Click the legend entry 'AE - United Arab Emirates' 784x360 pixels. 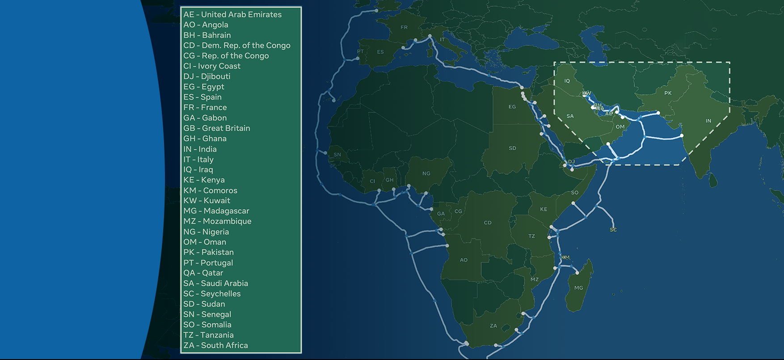point(232,14)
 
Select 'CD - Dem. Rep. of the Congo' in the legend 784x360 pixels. point(237,45)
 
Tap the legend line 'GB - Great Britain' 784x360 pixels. point(217,128)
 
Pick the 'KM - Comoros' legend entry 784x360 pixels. point(210,190)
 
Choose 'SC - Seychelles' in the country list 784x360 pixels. point(212,293)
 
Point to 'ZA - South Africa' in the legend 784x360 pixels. point(215,345)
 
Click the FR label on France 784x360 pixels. point(404,27)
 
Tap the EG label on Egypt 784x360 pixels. point(512,107)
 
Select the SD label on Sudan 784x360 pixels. point(512,148)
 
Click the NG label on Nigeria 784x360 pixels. point(426,174)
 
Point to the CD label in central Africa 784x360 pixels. point(488,222)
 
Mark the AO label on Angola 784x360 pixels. point(464,260)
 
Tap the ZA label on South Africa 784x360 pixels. point(493,326)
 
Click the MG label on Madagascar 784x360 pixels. point(579,288)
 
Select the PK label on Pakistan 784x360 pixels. point(668,93)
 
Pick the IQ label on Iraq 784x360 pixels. point(567,81)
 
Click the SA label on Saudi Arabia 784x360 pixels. point(570,116)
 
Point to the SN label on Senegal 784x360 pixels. point(337,155)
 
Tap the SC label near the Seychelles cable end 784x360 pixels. point(613,229)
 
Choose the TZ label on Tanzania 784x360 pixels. point(531,236)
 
